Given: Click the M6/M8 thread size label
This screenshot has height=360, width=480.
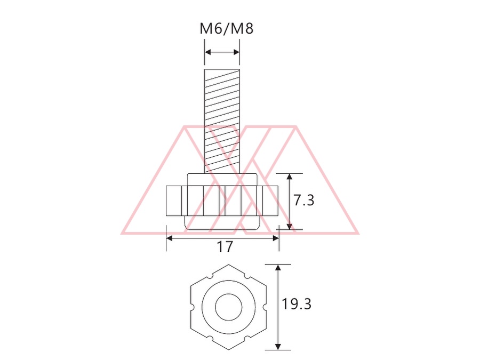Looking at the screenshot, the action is point(227,29).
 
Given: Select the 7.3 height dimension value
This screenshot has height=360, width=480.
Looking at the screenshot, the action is point(303,201).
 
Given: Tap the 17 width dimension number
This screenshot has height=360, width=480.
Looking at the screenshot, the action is point(225,247).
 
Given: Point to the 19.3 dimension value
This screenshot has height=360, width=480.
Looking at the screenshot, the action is point(296,305).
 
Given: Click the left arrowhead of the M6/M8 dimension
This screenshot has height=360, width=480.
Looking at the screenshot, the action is point(208,52).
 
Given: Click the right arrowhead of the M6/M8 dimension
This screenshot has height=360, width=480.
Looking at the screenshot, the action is point(236,52).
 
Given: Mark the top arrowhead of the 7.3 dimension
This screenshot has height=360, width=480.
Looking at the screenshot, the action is point(290,177).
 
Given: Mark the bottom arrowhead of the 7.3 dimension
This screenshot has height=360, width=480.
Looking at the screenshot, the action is point(290,226).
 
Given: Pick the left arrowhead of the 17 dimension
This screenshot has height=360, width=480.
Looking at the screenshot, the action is point(169,238).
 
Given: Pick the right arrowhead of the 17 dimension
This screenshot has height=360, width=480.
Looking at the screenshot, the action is point(276,238).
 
